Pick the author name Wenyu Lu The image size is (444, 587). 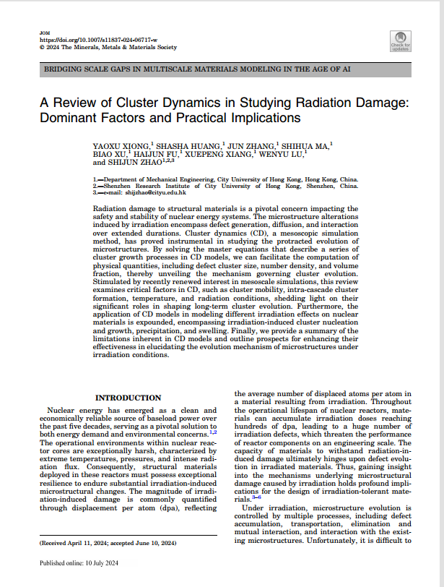tap(283, 154)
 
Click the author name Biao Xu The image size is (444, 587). tap(109, 154)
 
